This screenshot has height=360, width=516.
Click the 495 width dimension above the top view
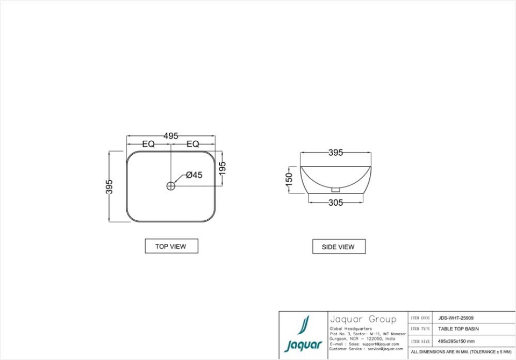point(171,136)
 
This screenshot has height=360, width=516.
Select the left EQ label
point(149,144)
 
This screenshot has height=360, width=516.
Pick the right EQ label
point(193,144)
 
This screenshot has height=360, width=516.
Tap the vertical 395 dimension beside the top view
point(110,186)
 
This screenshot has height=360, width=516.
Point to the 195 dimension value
point(223,168)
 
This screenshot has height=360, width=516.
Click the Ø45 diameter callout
point(194,175)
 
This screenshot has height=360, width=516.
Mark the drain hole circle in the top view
point(171,186)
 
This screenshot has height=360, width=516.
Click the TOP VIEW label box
point(171,246)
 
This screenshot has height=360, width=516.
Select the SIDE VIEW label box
point(338,247)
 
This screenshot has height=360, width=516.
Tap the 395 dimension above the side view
point(335,153)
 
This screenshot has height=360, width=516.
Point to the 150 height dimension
point(289,178)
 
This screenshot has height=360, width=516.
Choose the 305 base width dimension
point(335,203)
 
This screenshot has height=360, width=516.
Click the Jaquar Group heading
point(363,319)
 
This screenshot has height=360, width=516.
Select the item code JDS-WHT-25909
point(456,318)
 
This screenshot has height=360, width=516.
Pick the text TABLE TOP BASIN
point(458,329)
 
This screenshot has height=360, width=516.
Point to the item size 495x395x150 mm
point(456,341)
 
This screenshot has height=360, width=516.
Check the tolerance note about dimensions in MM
point(461,352)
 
